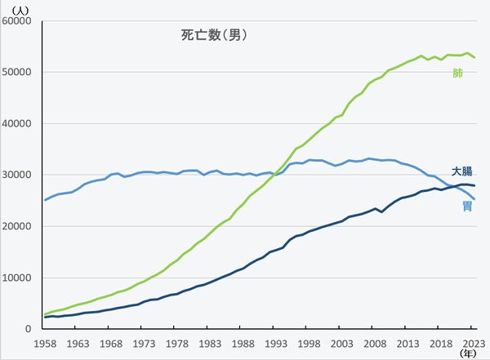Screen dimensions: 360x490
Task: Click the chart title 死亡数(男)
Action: click(x=213, y=35)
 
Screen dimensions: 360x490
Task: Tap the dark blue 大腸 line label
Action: click(x=462, y=171)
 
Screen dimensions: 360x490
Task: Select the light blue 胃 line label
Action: click(x=467, y=206)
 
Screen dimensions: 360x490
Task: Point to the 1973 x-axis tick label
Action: click(x=143, y=344)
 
